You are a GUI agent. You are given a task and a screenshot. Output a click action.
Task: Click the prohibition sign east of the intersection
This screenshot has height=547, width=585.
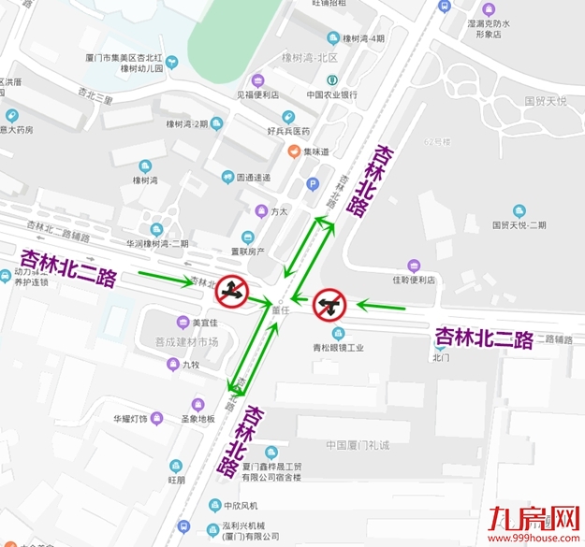(x=329, y=304)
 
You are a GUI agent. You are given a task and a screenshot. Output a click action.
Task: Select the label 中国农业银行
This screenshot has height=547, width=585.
(x=331, y=94)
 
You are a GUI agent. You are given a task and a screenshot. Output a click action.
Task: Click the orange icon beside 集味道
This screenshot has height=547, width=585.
(x=293, y=151)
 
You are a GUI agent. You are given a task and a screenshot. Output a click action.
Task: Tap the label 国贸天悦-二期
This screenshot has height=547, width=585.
(x=519, y=225)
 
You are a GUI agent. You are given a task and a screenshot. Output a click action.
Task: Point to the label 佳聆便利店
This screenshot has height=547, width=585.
(x=414, y=280)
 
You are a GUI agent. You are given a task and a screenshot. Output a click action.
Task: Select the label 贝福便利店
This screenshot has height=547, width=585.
(x=256, y=94)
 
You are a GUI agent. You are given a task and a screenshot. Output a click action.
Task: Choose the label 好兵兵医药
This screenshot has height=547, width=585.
(x=288, y=131)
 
